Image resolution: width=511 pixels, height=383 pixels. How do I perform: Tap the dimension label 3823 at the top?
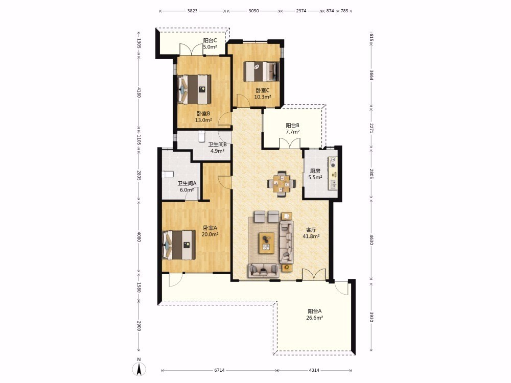tap(192, 11)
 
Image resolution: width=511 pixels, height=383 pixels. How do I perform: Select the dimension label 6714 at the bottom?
tap(219, 370)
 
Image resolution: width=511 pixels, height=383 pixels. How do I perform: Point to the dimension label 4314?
tap(314, 370)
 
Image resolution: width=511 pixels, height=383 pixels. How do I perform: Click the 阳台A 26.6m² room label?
tap(314, 315)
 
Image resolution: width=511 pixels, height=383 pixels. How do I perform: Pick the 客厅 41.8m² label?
tap(311, 233)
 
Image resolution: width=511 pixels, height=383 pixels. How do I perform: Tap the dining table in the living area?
tap(282, 184)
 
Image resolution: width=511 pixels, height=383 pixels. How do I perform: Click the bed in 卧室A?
tap(178, 245)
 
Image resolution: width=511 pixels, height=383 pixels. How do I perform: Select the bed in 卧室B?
tap(194, 89)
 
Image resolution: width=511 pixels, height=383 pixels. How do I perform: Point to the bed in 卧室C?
tap(262, 71)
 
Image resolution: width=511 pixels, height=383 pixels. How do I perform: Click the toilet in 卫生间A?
tap(167, 175)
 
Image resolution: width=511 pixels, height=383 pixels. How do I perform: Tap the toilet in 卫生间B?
tap(201, 136)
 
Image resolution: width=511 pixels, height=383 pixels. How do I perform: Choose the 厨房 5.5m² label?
tap(315, 174)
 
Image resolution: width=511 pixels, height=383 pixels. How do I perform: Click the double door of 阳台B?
tap(290, 143)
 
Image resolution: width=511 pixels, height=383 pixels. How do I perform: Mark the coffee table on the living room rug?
tap(267, 243)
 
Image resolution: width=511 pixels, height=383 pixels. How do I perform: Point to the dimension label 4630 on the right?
tap(371, 238)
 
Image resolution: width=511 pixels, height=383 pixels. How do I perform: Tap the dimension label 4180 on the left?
tap(139, 92)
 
